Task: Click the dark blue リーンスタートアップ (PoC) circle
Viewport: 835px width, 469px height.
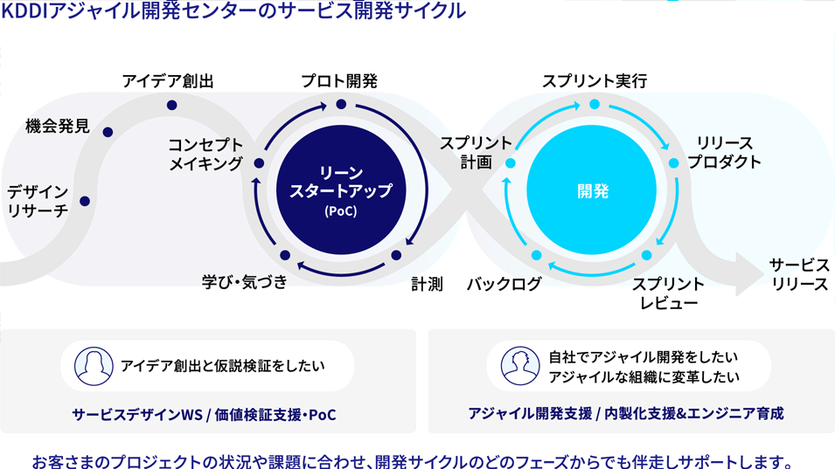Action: tap(341, 190)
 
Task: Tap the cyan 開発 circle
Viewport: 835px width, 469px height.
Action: tap(592, 190)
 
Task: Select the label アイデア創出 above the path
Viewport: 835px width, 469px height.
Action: tap(168, 81)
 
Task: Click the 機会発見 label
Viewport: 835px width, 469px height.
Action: tap(58, 126)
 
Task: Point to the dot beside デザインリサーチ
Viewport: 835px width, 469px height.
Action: tap(85, 201)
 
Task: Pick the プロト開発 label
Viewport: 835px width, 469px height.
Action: tap(339, 81)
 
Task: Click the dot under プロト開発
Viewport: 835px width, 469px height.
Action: tap(341, 104)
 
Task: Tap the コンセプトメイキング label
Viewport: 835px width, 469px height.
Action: tap(205, 155)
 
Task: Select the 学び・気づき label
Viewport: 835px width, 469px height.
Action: tap(245, 282)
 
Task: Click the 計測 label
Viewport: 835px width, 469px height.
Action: tap(427, 285)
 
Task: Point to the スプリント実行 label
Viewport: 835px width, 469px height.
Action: tap(595, 81)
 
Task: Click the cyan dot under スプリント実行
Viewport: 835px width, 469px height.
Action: tap(595, 104)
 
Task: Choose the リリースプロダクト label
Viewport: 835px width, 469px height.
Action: tap(724, 153)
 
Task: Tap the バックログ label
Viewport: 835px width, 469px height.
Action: tap(504, 285)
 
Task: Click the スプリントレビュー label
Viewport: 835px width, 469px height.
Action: tap(668, 293)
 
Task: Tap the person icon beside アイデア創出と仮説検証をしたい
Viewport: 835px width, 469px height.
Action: tap(94, 366)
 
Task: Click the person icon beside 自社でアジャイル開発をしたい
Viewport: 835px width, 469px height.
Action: tap(520, 366)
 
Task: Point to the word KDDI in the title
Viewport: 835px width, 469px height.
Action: tap(24, 10)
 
